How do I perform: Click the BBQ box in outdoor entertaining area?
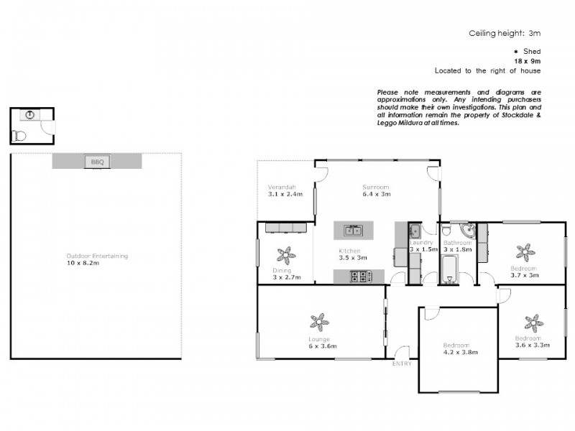[x=97, y=162]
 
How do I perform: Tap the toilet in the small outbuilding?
[x=19, y=135]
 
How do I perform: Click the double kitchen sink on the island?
[x=352, y=231]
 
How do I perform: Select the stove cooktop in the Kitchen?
[x=359, y=276]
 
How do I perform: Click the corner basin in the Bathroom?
[x=467, y=231]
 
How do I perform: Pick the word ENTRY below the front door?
[x=402, y=364]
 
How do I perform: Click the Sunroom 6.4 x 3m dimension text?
[x=376, y=194]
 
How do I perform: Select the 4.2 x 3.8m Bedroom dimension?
[x=460, y=353]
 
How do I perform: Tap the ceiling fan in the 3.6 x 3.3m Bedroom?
[x=532, y=321]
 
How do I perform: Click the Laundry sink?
[x=415, y=231]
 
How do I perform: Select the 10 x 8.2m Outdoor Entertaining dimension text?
[x=83, y=264]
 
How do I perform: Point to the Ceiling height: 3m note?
[x=504, y=33]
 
